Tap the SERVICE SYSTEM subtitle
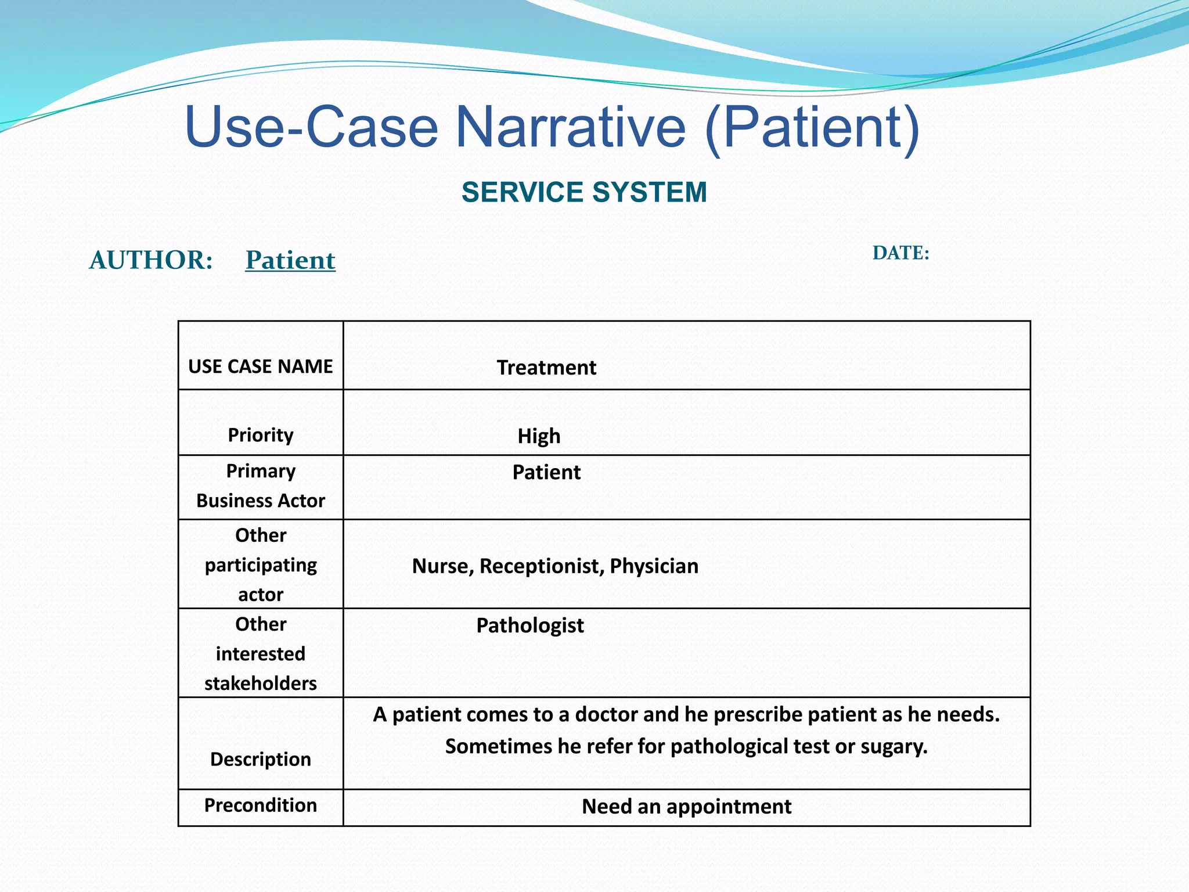pyautogui.click(x=584, y=192)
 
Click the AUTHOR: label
pyautogui.click(x=151, y=260)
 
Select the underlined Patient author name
pyautogui.click(x=290, y=260)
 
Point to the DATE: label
pyautogui.click(x=900, y=253)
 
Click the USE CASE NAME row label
pyautogui.click(x=260, y=366)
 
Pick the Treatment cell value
pyautogui.click(x=546, y=368)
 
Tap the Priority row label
pyautogui.click(x=260, y=435)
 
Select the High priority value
pyautogui.click(x=539, y=436)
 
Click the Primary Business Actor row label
pyautogui.click(x=260, y=485)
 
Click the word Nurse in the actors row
pyautogui.click(x=442, y=566)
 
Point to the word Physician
pyautogui.click(x=654, y=566)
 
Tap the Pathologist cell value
pyautogui.click(x=529, y=625)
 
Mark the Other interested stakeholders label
pyautogui.click(x=260, y=653)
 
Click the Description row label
pyautogui.click(x=260, y=759)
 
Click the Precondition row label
pyautogui.click(x=260, y=805)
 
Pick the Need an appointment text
pyautogui.click(x=686, y=807)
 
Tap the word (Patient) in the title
pyautogui.click(x=812, y=127)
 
